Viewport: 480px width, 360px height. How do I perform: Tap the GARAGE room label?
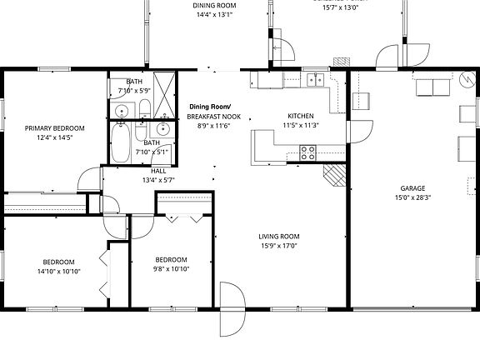413,188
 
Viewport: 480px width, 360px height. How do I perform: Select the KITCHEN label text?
300,116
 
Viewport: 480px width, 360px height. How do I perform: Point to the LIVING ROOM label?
278,236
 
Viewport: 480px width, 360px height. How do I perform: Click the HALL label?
157,170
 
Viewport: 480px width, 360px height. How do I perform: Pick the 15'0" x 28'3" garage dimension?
413,198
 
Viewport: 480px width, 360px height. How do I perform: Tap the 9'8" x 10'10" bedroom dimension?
171,269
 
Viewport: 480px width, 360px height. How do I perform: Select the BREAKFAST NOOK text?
213,117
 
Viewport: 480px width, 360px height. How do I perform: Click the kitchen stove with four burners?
307,152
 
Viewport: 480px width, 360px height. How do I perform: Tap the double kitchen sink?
315,80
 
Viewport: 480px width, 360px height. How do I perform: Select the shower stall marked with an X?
165,86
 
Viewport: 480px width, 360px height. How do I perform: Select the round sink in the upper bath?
122,111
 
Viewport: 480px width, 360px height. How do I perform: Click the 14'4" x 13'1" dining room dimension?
214,15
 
